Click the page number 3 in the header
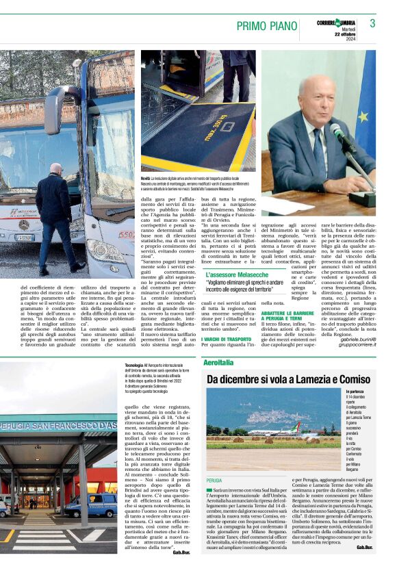click(x=372, y=23)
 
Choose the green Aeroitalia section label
click(x=218, y=361)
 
